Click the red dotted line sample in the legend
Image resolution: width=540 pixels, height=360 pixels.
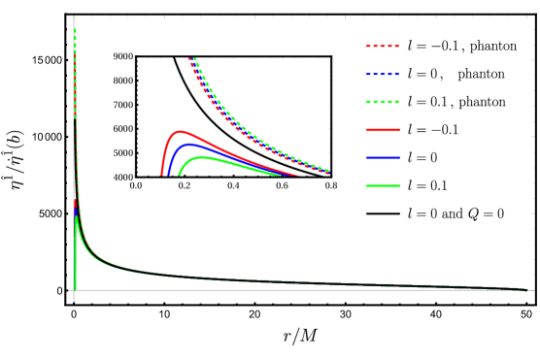coord(382,46)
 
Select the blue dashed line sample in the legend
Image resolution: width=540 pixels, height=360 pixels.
coord(382,74)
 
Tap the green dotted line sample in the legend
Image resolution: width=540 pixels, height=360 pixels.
coord(382,102)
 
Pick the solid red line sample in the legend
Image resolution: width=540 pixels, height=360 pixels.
coord(382,129)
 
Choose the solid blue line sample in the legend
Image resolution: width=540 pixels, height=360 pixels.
coord(382,157)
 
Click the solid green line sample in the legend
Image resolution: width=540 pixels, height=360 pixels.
coord(382,185)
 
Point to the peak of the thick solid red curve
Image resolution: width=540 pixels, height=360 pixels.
coord(179,131)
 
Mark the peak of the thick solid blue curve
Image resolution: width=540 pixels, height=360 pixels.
coord(189,145)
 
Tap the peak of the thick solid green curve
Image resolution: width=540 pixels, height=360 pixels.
coord(202,157)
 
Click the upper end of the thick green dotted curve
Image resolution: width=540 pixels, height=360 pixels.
coord(195,58)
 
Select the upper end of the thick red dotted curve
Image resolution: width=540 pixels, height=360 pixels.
coord(189,58)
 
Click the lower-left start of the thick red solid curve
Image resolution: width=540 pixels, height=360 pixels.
coord(162,175)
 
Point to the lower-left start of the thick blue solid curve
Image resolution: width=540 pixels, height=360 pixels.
coord(168,175)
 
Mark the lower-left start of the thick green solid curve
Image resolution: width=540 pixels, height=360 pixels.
coord(179,175)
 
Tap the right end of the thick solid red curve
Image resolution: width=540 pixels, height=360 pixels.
coord(298,175)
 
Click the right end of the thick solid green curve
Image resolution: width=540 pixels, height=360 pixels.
coord(280,175)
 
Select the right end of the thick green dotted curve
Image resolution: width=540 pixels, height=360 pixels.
coord(328,171)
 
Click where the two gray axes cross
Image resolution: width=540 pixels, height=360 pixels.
coord(74,290)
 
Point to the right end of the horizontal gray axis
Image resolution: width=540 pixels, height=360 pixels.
coord(533,290)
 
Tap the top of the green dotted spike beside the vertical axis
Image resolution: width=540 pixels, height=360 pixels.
coord(75,30)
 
